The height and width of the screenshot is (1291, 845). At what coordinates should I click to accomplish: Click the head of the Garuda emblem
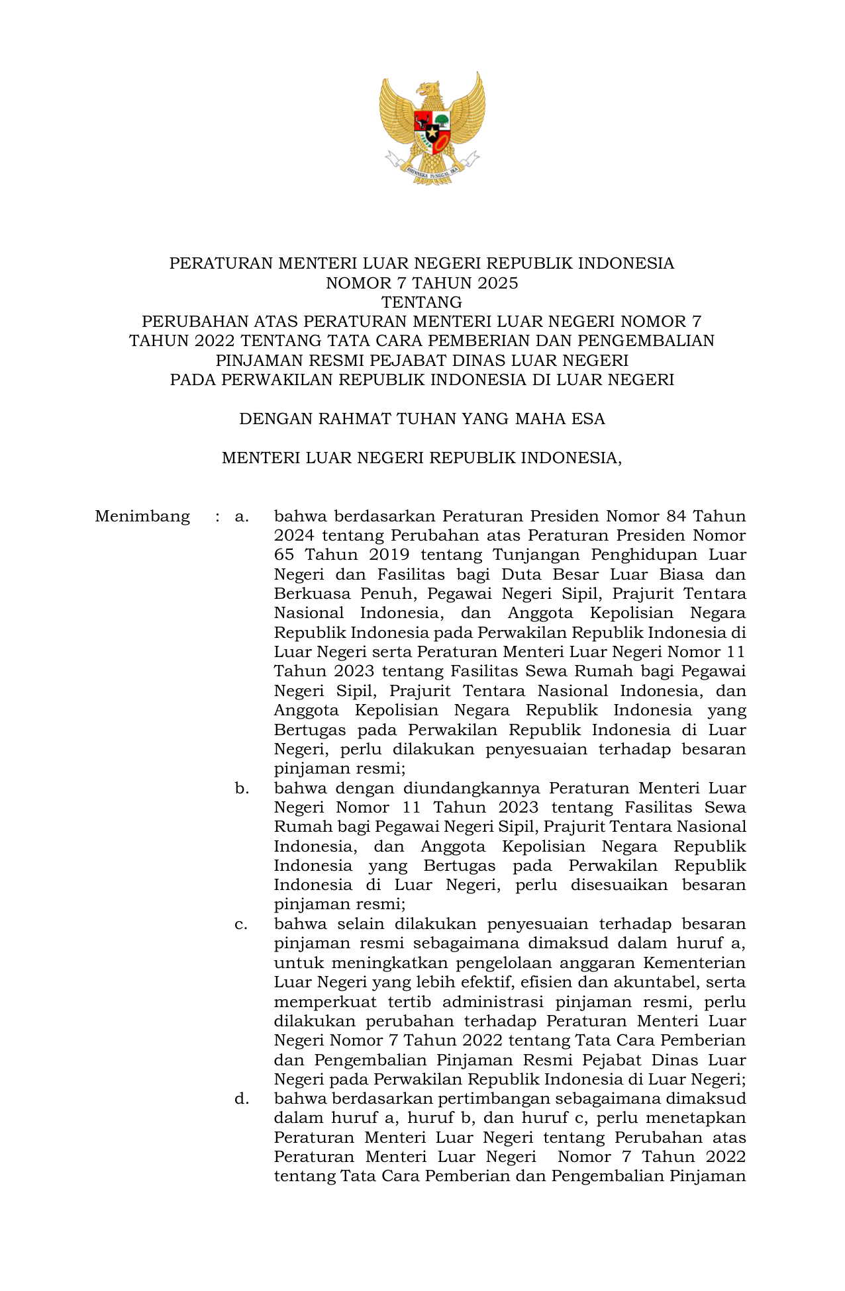coord(430,90)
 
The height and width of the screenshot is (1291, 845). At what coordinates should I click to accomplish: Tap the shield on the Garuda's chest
coord(432,128)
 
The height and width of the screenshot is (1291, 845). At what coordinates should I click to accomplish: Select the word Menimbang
coord(142,516)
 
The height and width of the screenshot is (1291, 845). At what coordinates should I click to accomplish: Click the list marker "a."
coord(242,516)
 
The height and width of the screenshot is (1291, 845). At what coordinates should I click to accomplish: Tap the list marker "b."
coord(242,789)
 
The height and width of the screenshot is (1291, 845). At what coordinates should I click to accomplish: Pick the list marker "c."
coord(242,924)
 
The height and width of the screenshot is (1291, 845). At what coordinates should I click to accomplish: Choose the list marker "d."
coord(242,1099)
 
